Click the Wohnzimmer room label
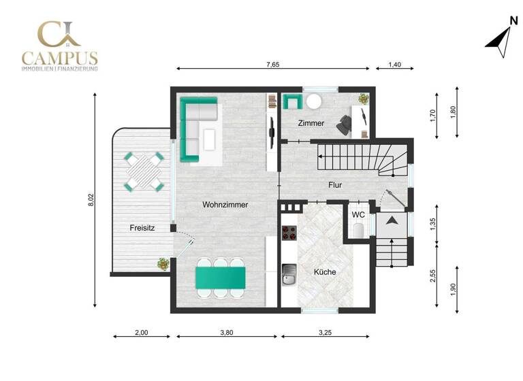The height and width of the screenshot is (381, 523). (x=225, y=204)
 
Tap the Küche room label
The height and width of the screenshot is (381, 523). (x=325, y=272)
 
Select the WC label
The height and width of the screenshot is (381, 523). (x=358, y=214)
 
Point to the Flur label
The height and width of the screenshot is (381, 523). (x=334, y=184)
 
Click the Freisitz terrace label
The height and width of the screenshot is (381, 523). (x=142, y=228)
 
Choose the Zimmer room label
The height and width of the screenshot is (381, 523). (x=311, y=123)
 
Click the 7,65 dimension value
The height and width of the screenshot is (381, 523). (x=272, y=65)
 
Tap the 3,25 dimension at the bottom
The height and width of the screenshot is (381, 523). (x=325, y=333)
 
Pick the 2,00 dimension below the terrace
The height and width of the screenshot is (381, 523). (x=142, y=333)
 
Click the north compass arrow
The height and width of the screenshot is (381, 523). (x=500, y=39)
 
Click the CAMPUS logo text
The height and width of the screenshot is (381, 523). (x=59, y=58)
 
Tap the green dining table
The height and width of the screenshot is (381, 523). (x=221, y=277)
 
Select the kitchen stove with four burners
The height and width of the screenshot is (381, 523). (x=289, y=232)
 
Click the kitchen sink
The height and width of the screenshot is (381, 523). (x=289, y=276)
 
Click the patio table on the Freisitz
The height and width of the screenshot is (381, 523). (x=144, y=171)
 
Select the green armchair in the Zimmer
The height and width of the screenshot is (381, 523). (x=293, y=101)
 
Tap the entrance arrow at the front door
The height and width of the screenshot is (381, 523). (x=392, y=220)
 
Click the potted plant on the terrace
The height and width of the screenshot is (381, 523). (x=163, y=264)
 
